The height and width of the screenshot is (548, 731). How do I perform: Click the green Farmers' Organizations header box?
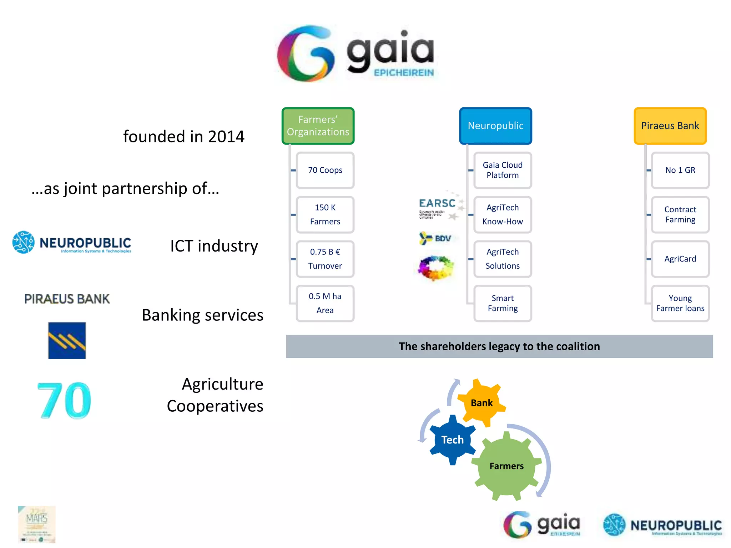click(318, 126)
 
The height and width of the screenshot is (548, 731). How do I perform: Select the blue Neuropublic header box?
click(495, 126)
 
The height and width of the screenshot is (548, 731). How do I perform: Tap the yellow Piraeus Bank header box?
click(670, 126)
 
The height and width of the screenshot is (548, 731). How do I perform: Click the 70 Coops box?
click(325, 170)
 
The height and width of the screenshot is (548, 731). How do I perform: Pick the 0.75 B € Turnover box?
click(325, 259)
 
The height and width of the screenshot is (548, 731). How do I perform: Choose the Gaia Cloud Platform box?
click(503, 170)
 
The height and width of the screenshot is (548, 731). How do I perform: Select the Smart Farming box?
click(503, 303)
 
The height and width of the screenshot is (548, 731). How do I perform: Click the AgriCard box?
click(680, 259)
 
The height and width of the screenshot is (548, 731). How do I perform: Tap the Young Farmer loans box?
click(680, 303)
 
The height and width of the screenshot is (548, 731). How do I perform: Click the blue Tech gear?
click(452, 440)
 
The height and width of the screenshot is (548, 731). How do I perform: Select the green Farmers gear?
click(506, 466)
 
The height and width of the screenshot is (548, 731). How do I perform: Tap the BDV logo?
click(435, 238)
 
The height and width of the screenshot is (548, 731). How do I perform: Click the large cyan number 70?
click(64, 400)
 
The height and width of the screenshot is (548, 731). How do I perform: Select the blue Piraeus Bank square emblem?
click(67, 340)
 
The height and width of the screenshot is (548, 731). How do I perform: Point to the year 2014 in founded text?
click(226, 137)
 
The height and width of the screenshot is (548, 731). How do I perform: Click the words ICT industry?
click(214, 246)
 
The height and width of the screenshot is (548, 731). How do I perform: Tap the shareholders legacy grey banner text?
click(499, 346)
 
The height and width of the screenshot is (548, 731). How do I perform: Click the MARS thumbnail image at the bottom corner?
click(37, 524)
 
